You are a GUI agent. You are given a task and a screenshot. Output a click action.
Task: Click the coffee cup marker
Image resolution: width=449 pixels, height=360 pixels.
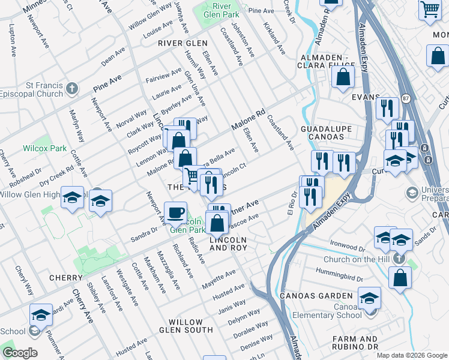click(175, 212)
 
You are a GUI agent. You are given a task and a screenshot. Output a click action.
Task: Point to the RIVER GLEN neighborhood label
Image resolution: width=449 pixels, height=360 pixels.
click(182, 44)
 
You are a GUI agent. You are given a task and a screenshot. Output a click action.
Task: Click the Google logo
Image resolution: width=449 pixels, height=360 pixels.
click(19, 353)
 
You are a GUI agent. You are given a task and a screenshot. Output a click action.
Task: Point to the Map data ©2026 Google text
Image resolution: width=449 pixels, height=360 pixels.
click(412, 355)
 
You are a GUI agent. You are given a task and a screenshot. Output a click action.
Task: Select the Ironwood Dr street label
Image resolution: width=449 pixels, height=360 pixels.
click(347, 245)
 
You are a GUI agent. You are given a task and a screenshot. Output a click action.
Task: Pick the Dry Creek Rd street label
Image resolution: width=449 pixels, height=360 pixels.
click(57, 170)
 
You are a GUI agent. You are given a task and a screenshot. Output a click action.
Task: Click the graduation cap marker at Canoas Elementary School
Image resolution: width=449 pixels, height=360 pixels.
click(369, 298)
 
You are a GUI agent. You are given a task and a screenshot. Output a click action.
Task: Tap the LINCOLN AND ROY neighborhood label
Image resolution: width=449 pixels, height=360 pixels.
click(228, 244)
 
